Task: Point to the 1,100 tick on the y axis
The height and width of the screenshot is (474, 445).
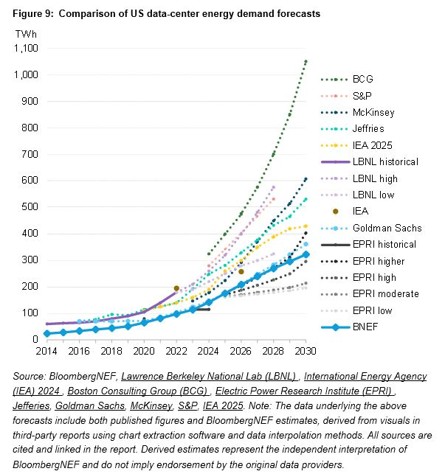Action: (27, 49)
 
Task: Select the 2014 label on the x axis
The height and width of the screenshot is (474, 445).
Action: (46, 351)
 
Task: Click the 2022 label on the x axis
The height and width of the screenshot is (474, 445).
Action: (176, 351)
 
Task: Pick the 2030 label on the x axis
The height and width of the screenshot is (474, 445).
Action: (306, 351)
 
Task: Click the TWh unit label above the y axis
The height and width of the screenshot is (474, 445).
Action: (26, 34)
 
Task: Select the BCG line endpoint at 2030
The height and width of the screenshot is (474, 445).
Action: (306, 61)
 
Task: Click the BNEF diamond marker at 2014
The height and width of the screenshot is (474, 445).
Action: (46, 334)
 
